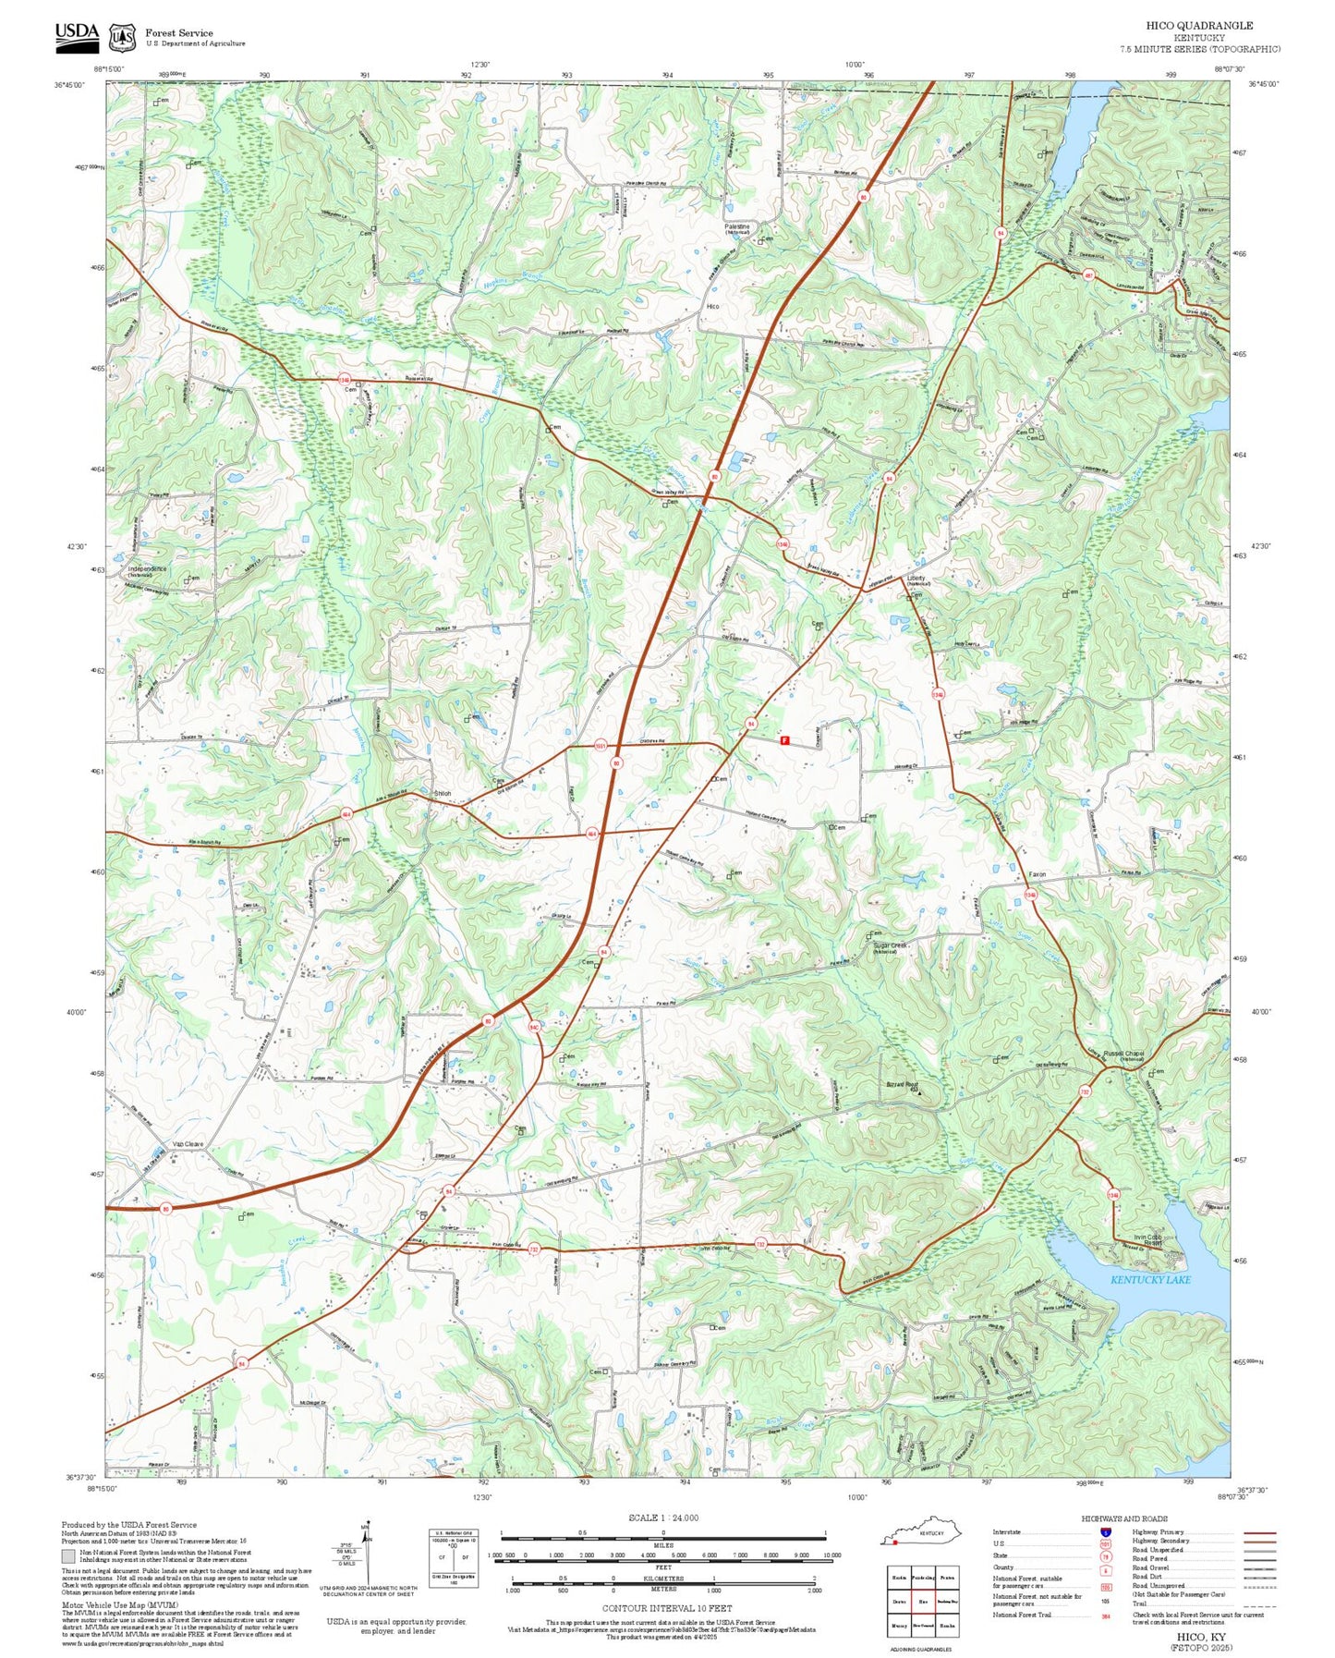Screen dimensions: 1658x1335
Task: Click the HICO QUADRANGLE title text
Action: coord(1199,26)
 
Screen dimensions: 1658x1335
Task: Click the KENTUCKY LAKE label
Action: coord(1149,1280)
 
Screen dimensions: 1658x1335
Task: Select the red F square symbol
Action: coord(784,740)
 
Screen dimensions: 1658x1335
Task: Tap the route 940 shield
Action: coord(534,1027)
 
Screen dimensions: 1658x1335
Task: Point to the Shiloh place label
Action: coord(443,793)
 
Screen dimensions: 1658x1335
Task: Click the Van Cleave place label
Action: coord(188,1144)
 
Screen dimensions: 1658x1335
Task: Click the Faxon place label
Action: coord(1038,874)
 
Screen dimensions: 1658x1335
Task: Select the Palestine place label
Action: coord(736,226)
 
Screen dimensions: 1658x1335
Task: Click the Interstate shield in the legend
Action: coord(1105,1531)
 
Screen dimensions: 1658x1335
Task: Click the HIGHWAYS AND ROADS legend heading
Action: coord(1124,1518)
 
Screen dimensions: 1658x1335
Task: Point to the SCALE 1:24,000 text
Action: coord(662,1518)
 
